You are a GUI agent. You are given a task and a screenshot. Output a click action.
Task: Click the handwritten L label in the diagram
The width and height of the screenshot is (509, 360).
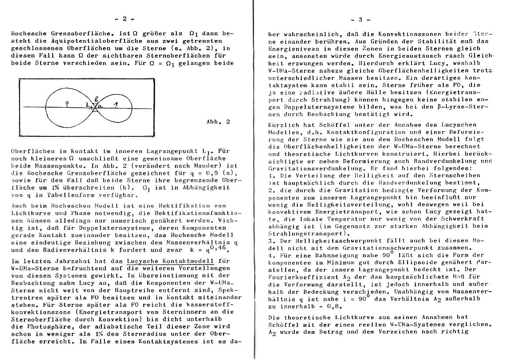[88, 105]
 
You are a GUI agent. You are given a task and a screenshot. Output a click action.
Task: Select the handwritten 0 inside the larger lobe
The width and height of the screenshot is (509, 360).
[67, 103]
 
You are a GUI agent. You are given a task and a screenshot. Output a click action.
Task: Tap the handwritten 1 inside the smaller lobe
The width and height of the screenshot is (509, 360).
[115, 104]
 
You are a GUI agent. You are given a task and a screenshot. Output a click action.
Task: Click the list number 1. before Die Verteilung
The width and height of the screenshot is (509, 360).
[271, 175]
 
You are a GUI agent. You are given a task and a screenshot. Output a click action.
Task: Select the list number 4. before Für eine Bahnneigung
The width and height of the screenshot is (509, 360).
[271, 255]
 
